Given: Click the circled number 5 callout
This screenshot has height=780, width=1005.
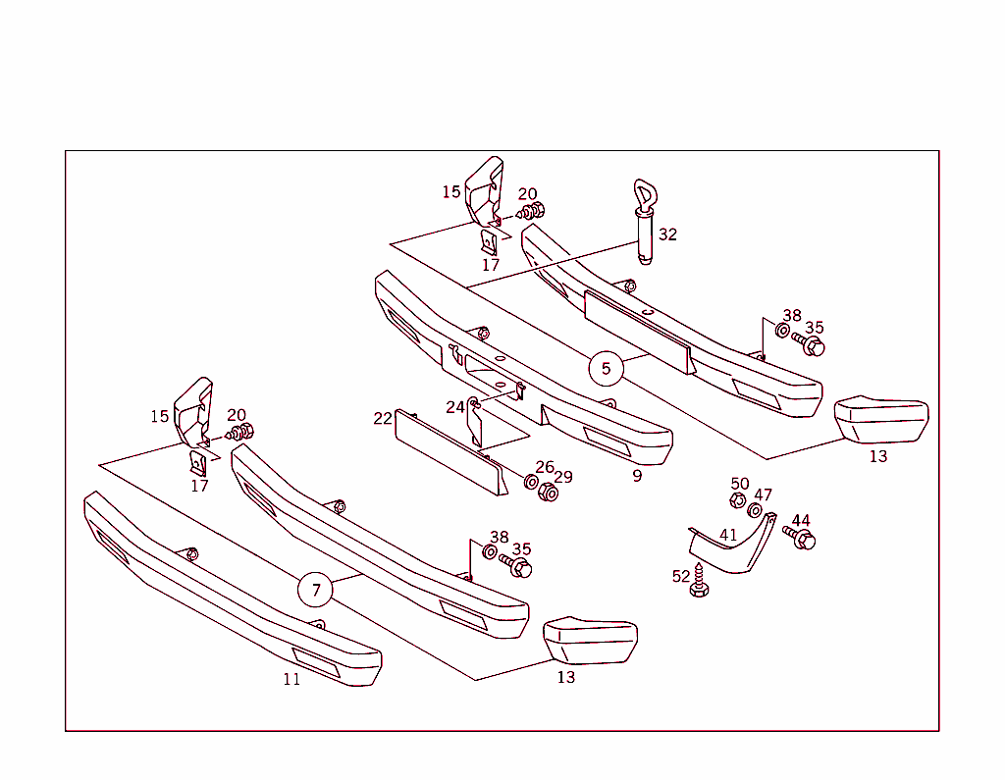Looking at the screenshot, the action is pyautogui.click(x=606, y=369).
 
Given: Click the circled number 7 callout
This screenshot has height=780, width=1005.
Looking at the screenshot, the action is pyautogui.click(x=315, y=590).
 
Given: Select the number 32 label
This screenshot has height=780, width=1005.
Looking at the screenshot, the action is pyautogui.click(x=667, y=234).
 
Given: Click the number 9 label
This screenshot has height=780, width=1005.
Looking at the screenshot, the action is pyautogui.click(x=637, y=476).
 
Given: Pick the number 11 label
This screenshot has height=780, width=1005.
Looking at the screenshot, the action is pyautogui.click(x=291, y=679).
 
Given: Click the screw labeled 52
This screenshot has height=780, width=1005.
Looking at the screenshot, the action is pyautogui.click(x=699, y=581).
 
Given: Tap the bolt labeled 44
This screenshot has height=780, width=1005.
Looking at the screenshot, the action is pyautogui.click(x=799, y=537).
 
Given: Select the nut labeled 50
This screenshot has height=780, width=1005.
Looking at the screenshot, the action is pyautogui.click(x=738, y=500).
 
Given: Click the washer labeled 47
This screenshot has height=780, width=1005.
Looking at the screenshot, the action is pyautogui.click(x=755, y=510).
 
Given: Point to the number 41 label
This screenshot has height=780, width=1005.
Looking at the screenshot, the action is pyautogui.click(x=728, y=535).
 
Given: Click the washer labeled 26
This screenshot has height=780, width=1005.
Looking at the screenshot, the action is pyautogui.click(x=531, y=482).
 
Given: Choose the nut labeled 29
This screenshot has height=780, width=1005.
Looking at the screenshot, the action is pyautogui.click(x=549, y=493).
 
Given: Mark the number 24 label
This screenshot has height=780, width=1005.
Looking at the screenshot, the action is pyautogui.click(x=455, y=407).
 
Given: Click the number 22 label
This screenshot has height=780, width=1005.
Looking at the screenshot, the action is pyautogui.click(x=383, y=419).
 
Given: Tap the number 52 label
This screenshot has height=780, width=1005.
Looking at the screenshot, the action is pyautogui.click(x=681, y=577).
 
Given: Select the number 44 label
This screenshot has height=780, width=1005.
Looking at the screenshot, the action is pyautogui.click(x=801, y=520).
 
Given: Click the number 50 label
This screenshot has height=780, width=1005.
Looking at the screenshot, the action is pyautogui.click(x=740, y=484).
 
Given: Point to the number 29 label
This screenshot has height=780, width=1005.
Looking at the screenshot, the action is pyautogui.click(x=563, y=477).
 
